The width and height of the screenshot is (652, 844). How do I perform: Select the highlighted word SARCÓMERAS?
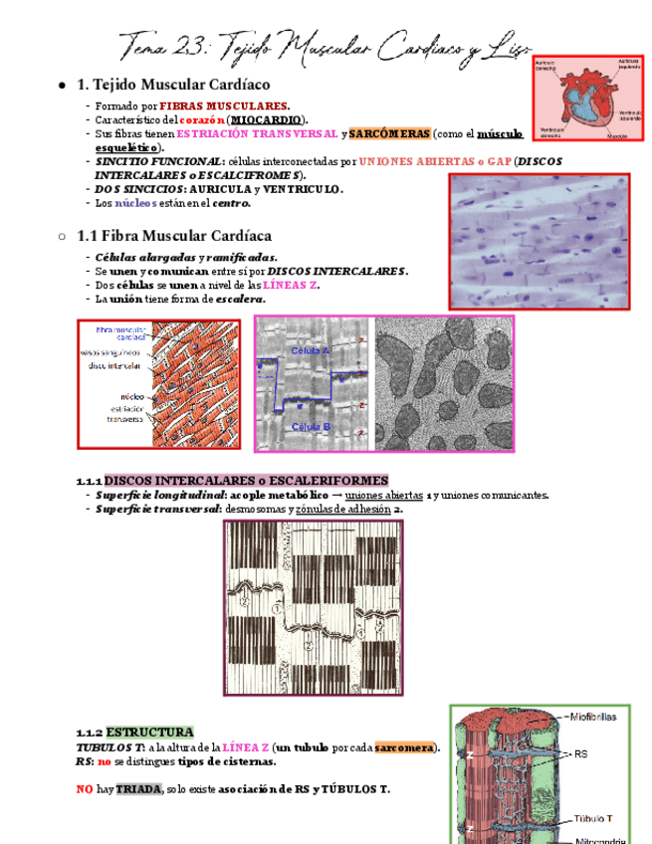point(389,133)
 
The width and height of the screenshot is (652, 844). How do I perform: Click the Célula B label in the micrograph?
point(311,426)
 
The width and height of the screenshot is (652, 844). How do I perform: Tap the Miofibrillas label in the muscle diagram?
point(595,716)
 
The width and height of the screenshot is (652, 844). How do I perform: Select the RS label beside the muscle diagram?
point(581,754)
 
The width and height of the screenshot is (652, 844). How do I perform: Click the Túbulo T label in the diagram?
point(594,819)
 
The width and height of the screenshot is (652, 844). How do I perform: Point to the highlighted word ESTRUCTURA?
point(149,732)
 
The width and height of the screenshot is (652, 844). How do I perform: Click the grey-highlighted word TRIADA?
point(137,789)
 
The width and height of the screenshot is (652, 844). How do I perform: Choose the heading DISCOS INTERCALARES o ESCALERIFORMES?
point(246,480)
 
